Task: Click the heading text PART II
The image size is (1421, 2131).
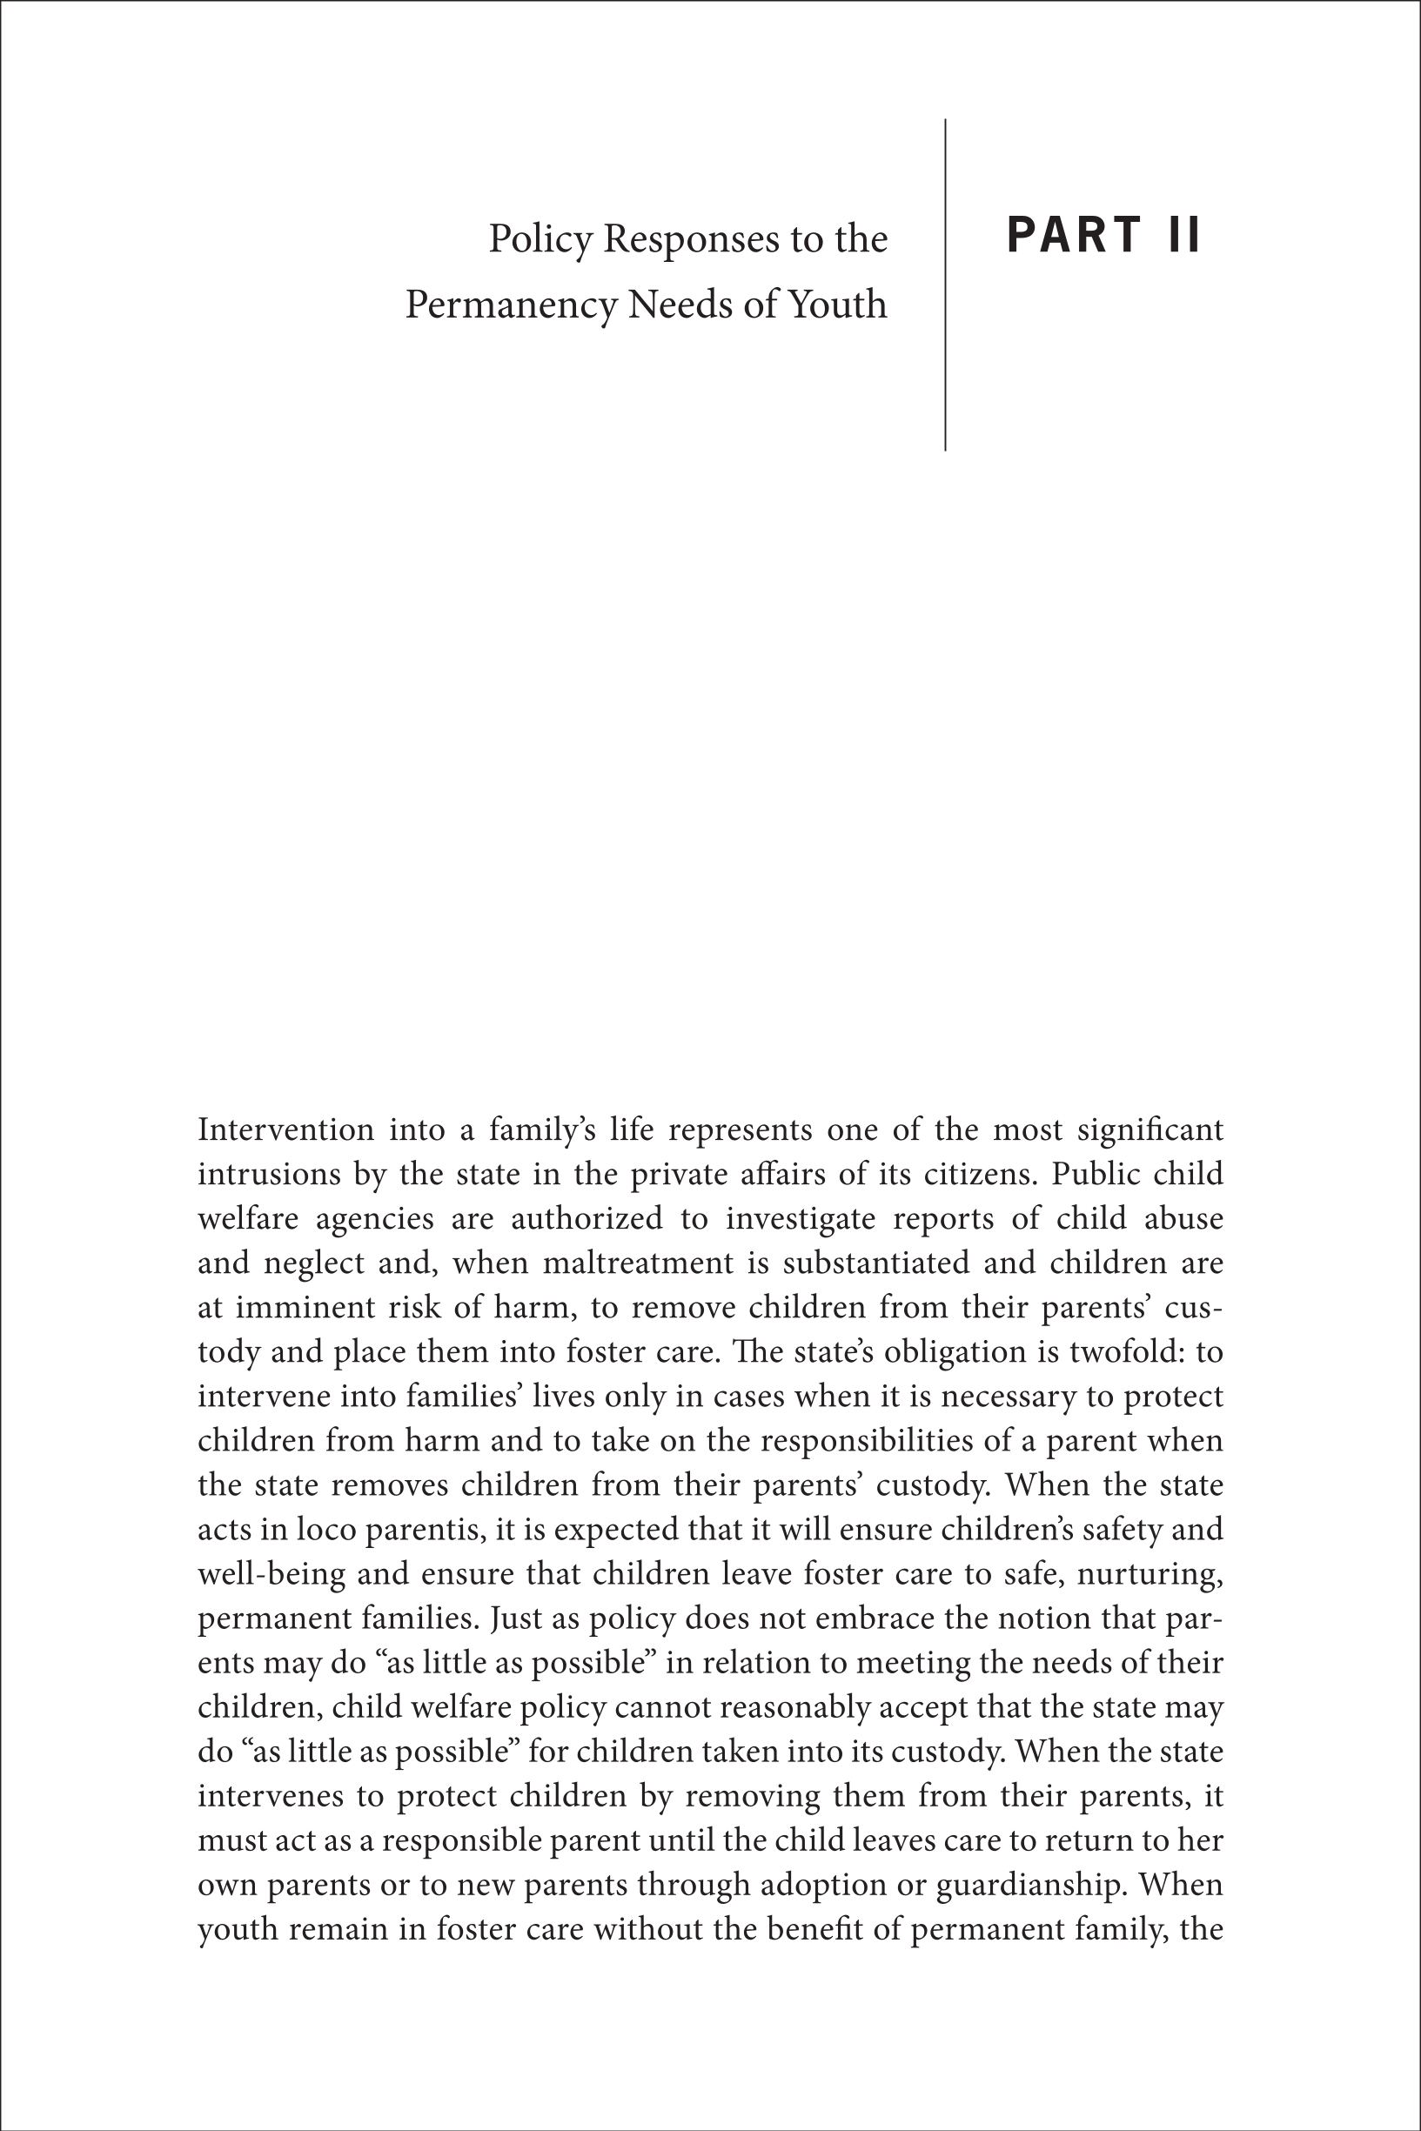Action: point(1103,235)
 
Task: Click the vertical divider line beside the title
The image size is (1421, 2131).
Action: point(945,285)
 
